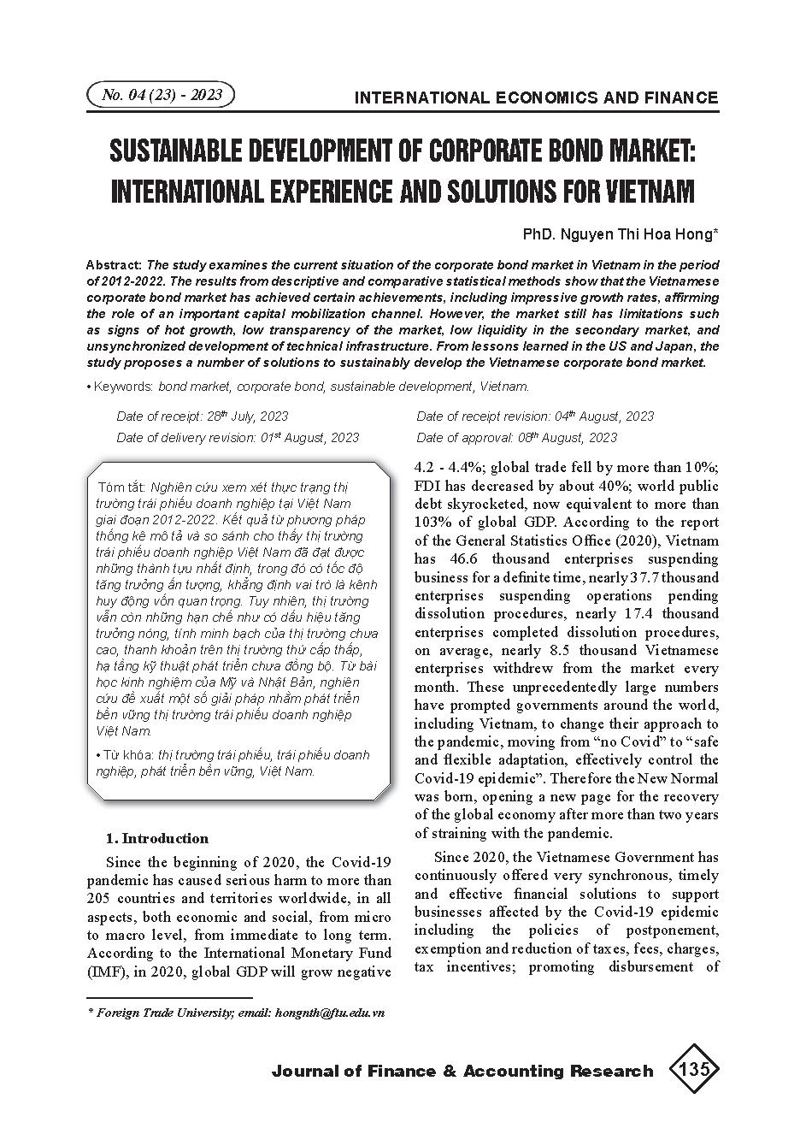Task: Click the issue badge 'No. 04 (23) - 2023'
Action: click(x=161, y=95)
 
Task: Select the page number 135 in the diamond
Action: click(x=692, y=1070)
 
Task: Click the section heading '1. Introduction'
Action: click(x=156, y=838)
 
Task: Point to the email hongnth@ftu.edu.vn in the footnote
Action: click(x=328, y=1012)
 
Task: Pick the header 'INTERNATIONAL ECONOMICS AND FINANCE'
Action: click(x=536, y=97)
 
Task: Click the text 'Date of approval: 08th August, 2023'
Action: click(x=516, y=437)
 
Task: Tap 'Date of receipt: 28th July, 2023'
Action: click(x=203, y=416)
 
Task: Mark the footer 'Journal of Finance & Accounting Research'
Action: click(x=462, y=1071)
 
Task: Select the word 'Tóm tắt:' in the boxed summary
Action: click(x=121, y=487)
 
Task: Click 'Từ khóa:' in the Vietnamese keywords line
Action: click(x=125, y=755)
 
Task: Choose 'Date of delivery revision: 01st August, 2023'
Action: click(x=238, y=437)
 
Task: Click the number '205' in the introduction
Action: click(x=99, y=898)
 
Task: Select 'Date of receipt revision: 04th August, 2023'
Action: click(x=535, y=416)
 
